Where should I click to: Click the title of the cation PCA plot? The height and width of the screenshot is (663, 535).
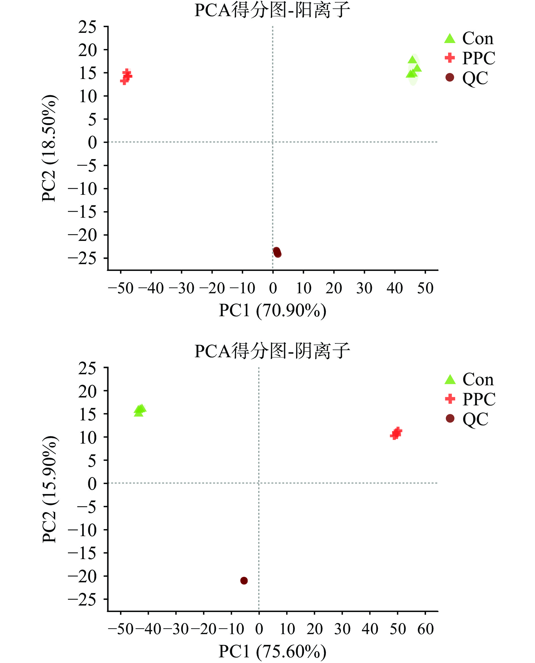coord(272,10)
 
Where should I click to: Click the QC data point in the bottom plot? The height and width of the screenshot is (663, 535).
coord(244,581)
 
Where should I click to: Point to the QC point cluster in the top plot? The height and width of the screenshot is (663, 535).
coord(277,252)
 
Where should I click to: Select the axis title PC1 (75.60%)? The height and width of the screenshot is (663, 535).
coord(272,651)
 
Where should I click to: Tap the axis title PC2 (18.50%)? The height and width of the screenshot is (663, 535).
coord(49,148)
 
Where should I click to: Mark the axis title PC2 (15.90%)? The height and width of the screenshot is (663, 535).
coord(49,489)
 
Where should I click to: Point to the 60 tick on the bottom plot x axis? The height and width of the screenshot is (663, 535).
coord(425,629)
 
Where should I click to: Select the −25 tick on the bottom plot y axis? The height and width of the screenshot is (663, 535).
coord(82,600)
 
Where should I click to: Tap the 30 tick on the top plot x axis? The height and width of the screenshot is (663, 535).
coord(364,288)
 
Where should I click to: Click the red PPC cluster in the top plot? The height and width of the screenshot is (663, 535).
coord(126,76)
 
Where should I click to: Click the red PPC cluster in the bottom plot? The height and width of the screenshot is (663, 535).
coord(396,433)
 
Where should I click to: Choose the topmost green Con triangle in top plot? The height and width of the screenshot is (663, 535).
coord(412,60)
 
